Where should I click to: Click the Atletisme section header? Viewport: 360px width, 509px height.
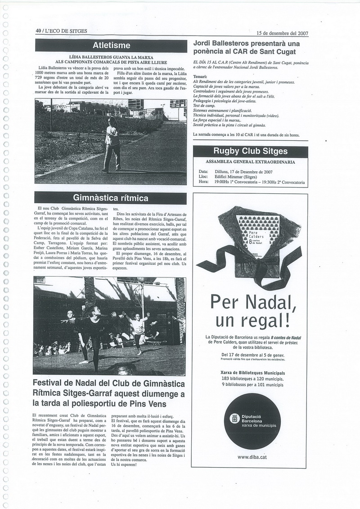pos(111,45)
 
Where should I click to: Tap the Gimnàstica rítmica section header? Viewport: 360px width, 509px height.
pos(111,198)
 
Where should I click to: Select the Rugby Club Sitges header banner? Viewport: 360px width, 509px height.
pos(250,151)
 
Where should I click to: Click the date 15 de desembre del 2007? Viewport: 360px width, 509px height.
pos(282,33)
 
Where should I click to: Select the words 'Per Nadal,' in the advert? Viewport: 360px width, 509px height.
pos(250,300)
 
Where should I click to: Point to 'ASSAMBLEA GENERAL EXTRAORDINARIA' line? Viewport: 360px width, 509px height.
pos(250,161)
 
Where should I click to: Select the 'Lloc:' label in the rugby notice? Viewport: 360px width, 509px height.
pos(203,177)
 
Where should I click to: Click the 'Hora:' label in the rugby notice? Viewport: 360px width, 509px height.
pos(203,183)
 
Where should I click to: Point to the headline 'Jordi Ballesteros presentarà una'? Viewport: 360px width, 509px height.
pos(246,44)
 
